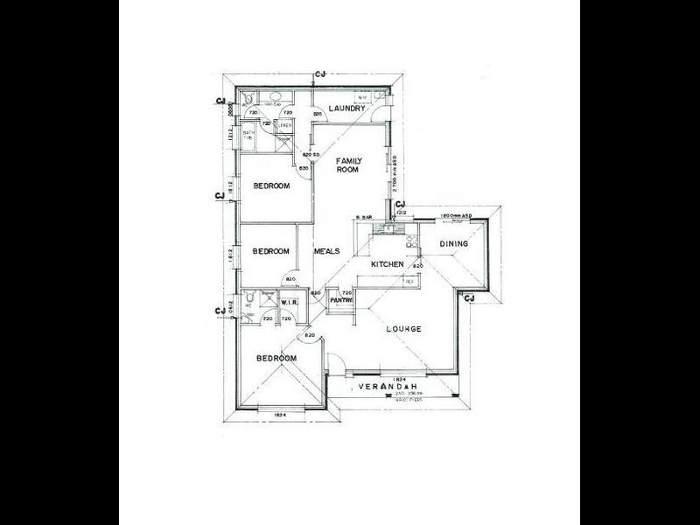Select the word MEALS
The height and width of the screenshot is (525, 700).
[x=326, y=251]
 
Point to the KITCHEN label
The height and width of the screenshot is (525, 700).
[x=386, y=264]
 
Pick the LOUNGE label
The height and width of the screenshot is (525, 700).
[x=403, y=329]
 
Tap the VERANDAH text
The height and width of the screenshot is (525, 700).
[x=386, y=386]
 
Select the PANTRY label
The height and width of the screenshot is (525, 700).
[x=341, y=301]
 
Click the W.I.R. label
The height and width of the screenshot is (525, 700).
[x=290, y=303]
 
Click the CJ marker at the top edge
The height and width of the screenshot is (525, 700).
[x=320, y=74]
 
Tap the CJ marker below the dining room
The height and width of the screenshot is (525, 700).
[x=469, y=299]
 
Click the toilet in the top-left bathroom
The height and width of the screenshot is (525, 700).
[x=249, y=99]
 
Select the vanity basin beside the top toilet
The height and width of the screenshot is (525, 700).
[x=274, y=97]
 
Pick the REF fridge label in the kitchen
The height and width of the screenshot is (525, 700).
[x=409, y=282]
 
